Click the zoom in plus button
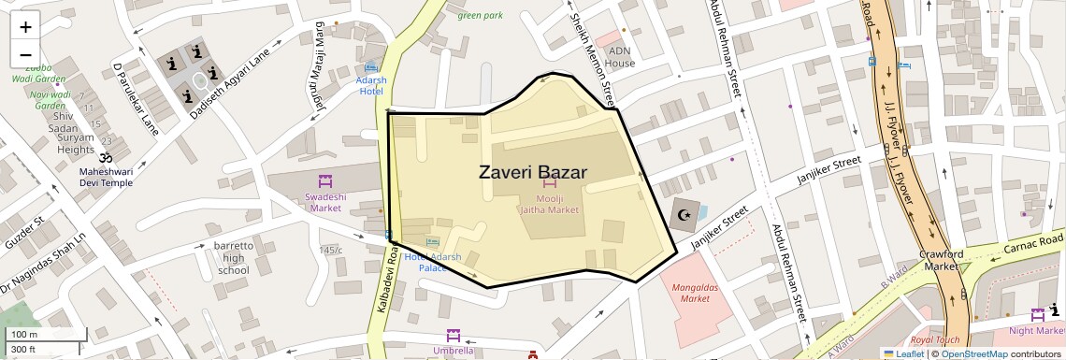click(x=25, y=26)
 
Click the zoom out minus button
click(x=25, y=55)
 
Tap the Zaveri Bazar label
click(x=532, y=173)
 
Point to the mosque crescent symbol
click(x=684, y=214)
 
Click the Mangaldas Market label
click(x=695, y=293)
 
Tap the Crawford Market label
click(x=941, y=260)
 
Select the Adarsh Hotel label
click(x=371, y=85)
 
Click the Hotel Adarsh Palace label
click(x=432, y=262)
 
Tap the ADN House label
click(x=620, y=57)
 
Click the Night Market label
click(x=1036, y=330)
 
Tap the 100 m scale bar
click(x=46, y=334)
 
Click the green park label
click(x=480, y=15)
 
